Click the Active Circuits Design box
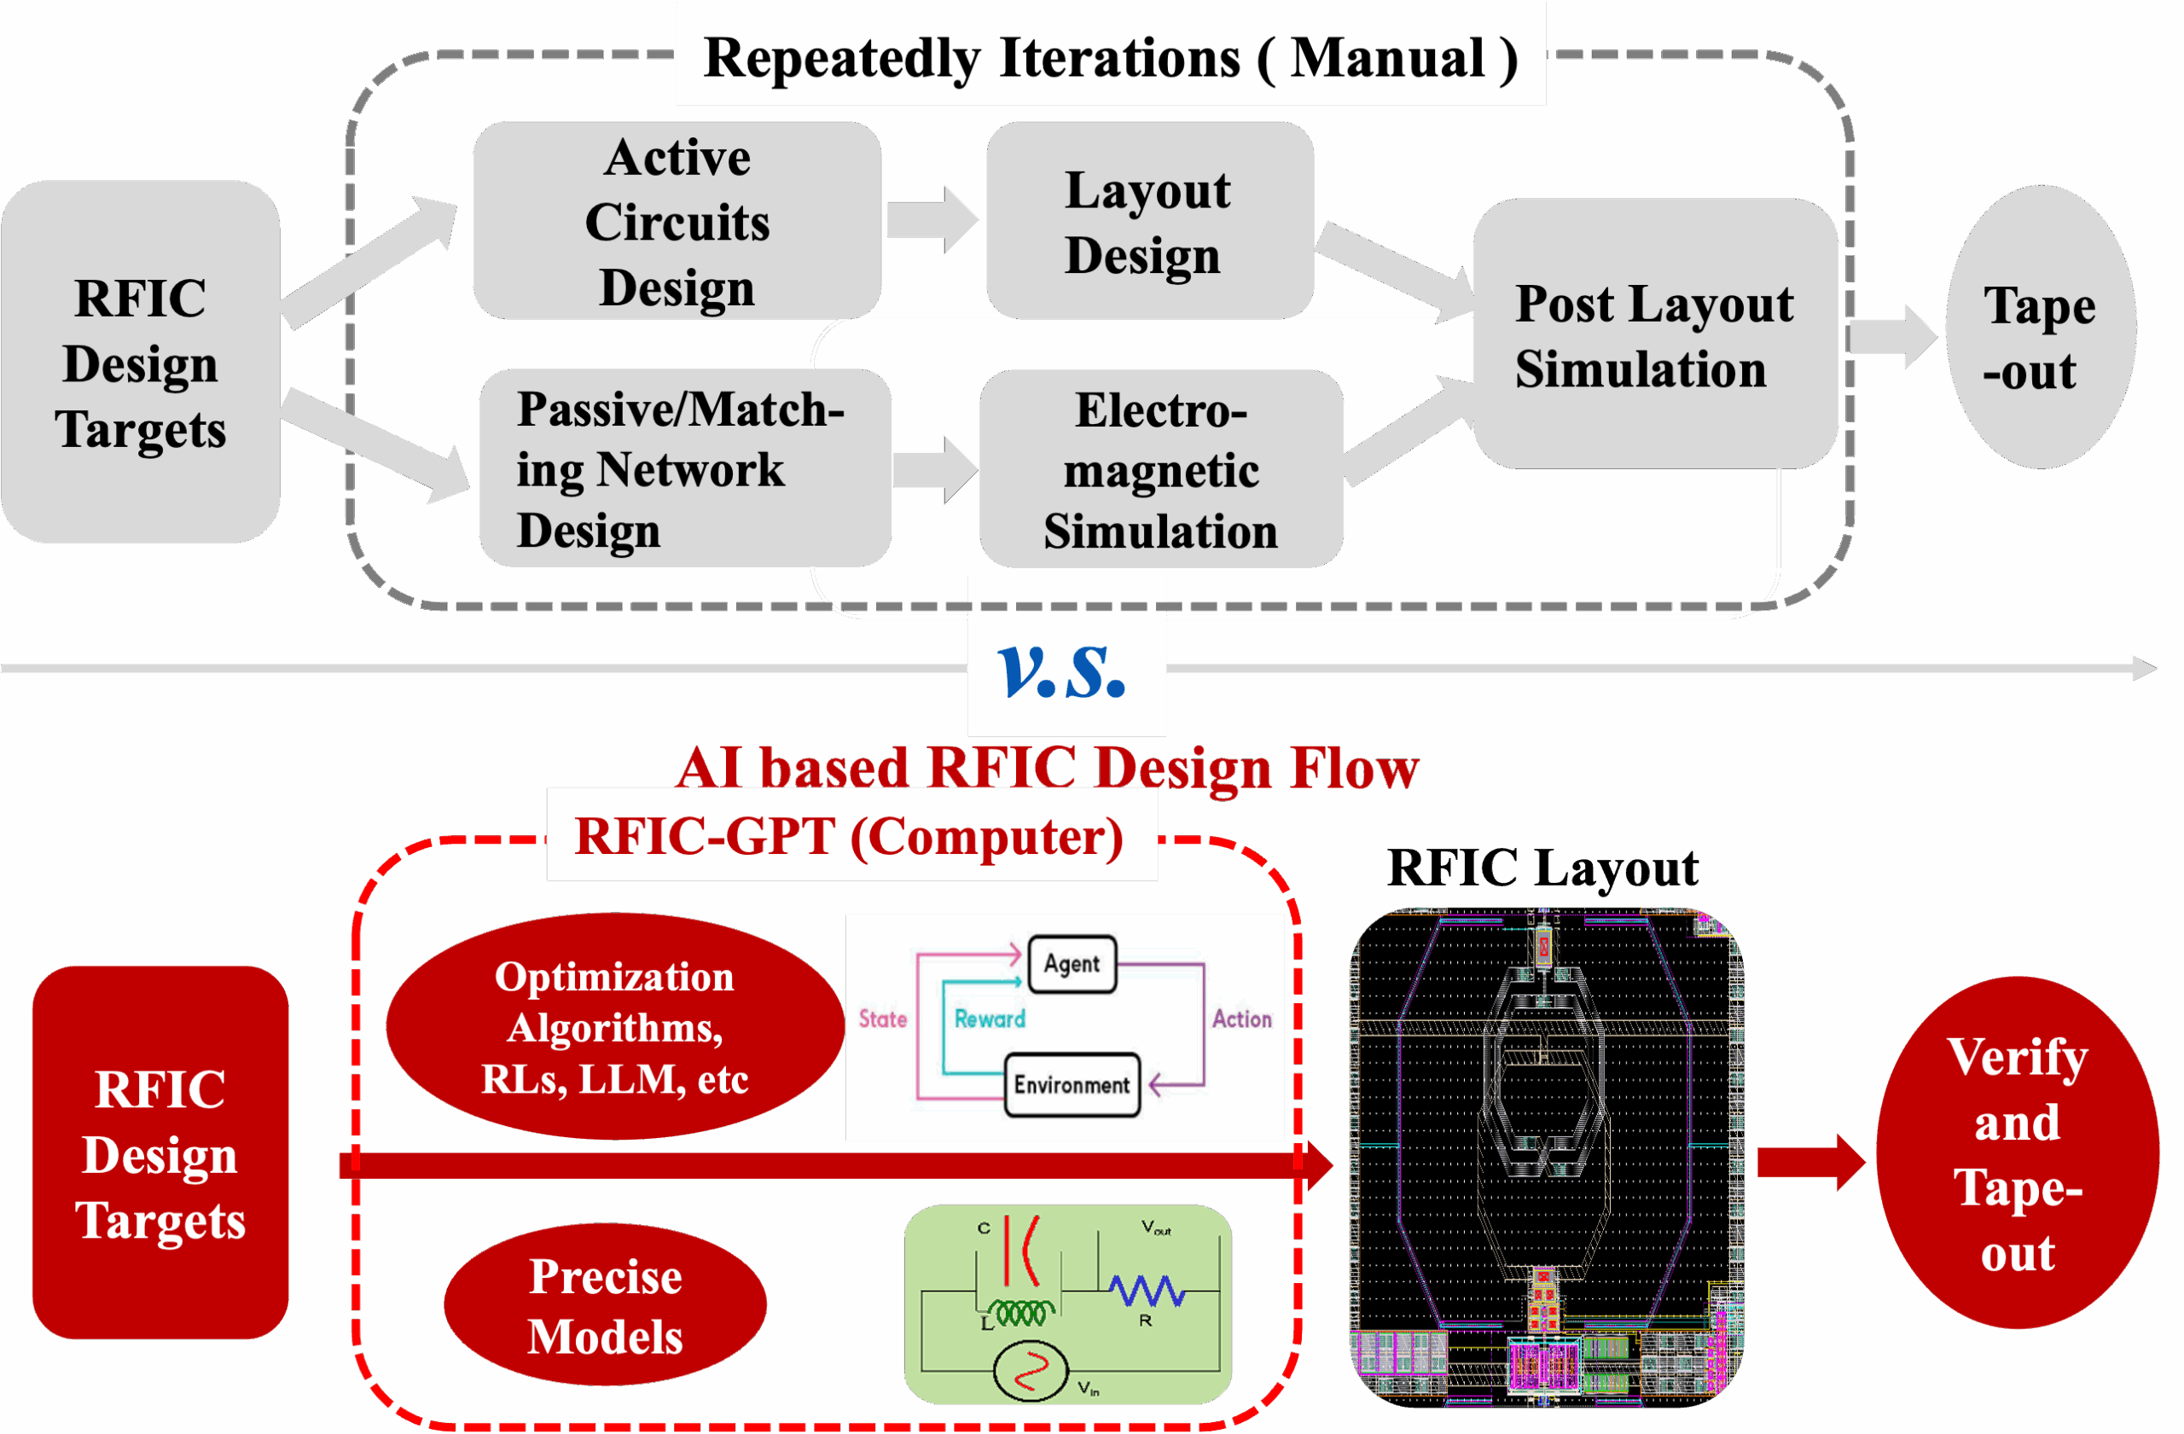[x=677, y=220]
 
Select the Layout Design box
[x=1148, y=220]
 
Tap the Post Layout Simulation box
[x=1653, y=335]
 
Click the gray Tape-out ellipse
[x=2039, y=328]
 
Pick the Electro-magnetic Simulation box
[x=1161, y=469]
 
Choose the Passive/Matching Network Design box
[x=682, y=469]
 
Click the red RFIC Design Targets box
[x=160, y=1153]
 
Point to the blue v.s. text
[x=1064, y=671]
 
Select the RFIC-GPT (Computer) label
[x=850, y=836]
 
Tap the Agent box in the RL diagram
[x=1071, y=964]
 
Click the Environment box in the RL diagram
[x=1071, y=1084]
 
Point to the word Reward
[x=990, y=1019]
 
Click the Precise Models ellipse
[x=605, y=1305]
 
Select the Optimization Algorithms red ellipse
[x=614, y=1026]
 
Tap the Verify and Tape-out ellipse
[x=2017, y=1152]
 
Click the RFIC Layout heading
[x=1542, y=868]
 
